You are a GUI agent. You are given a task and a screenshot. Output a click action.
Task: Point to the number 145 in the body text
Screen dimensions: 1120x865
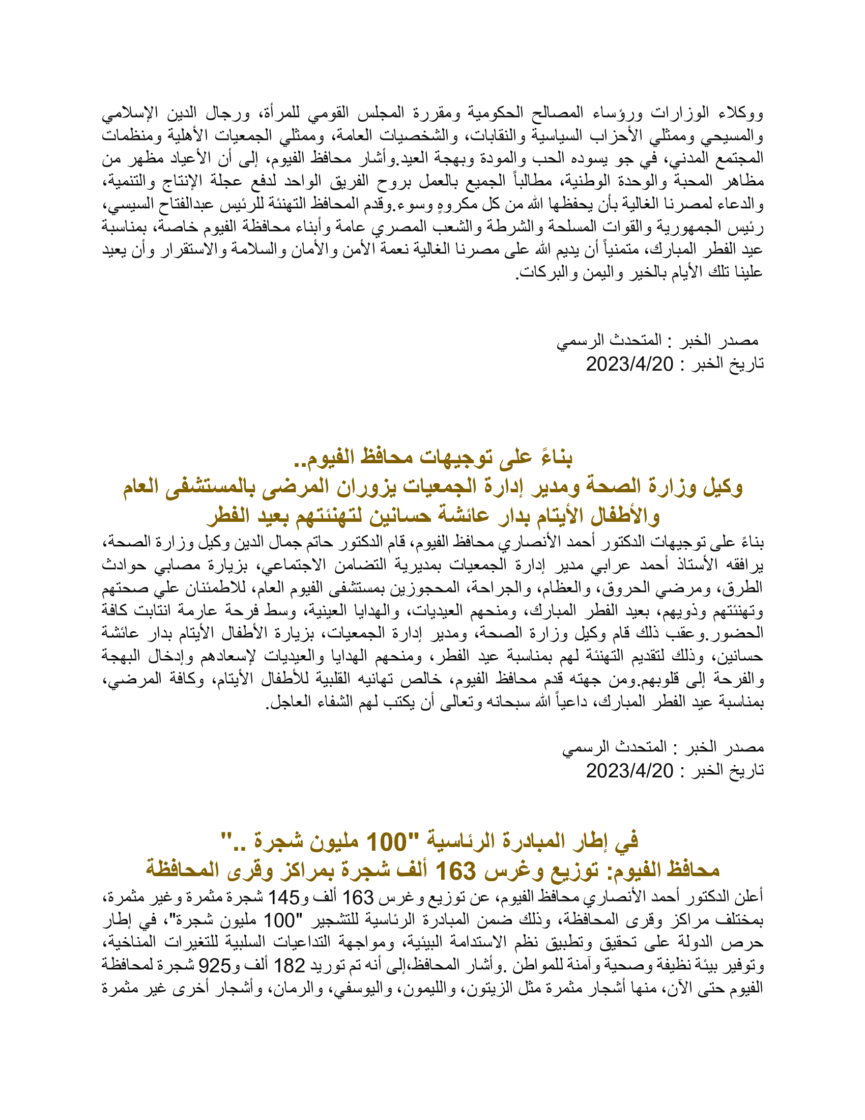pyautogui.click(x=284, y=898)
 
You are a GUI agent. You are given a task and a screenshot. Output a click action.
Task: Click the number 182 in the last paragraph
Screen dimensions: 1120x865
pyautogui.click(x=290, y=966)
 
